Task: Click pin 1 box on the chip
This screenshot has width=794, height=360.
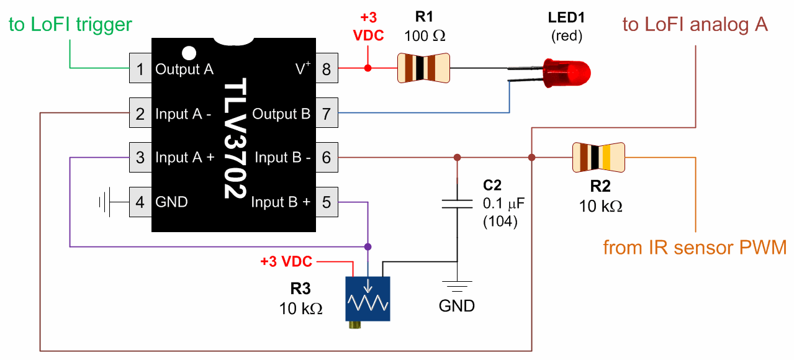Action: pos(140,68)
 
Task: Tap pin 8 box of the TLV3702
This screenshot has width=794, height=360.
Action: pos(327,68)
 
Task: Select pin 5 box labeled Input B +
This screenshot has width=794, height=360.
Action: pos(327,202)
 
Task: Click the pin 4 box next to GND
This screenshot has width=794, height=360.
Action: pos(140,202)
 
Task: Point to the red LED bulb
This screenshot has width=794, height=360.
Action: pos(567,73)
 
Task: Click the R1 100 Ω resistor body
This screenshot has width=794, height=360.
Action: pos(423,68)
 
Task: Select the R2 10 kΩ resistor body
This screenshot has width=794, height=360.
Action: pos(598,157)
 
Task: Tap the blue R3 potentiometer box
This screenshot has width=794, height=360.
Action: pos(368,299)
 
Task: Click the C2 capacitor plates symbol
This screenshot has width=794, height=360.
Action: pos(458,204)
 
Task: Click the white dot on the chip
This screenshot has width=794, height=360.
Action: pos(189,53)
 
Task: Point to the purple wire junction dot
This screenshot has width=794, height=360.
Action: pos(368,246)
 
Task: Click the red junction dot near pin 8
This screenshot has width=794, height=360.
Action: pos(368,68)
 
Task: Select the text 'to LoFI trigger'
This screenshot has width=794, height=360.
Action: pos(70,24)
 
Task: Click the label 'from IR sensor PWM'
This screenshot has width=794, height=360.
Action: pos(695,247)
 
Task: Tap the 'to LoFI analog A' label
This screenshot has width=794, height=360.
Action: pos(695,24)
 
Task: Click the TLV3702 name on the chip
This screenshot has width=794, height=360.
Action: pos(235,138)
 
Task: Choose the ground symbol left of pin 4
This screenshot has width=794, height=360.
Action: pos(105,202)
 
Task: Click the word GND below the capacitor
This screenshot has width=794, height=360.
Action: pos(457,306)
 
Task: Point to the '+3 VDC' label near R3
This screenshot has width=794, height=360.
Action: pos(286,261)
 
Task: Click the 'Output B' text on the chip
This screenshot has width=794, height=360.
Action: pos(281,114)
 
